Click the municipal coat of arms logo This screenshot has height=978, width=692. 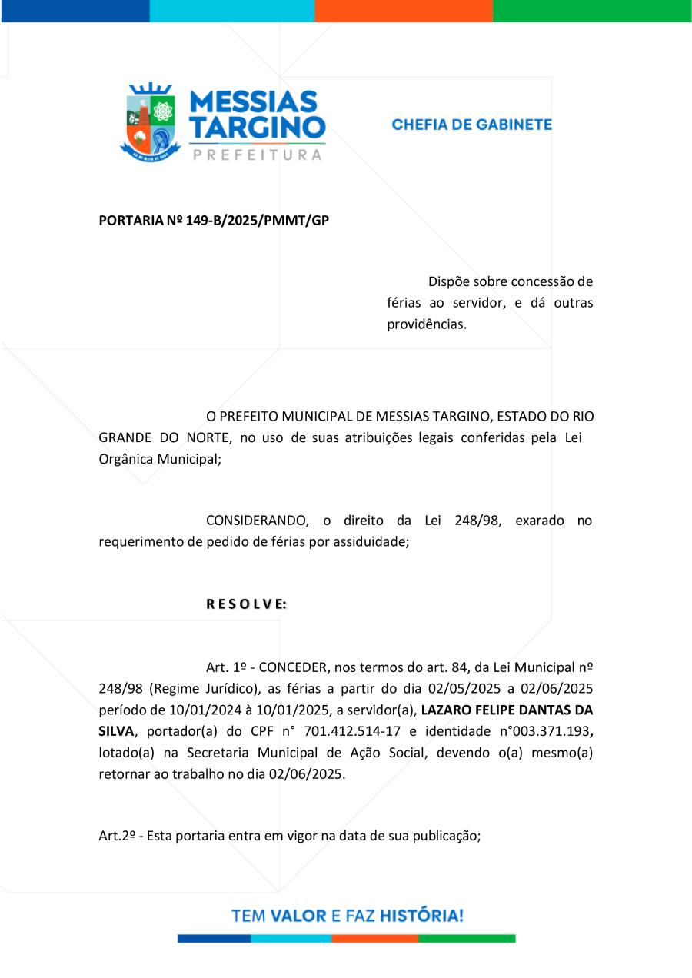pos(150,122)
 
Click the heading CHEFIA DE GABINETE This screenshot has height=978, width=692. pos(471,125)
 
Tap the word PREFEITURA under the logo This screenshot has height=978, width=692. pos(257,155)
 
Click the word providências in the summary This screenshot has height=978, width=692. pos(427,324)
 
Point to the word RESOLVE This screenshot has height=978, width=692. pos(246,604)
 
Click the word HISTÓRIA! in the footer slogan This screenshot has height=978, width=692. pos(422,916)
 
